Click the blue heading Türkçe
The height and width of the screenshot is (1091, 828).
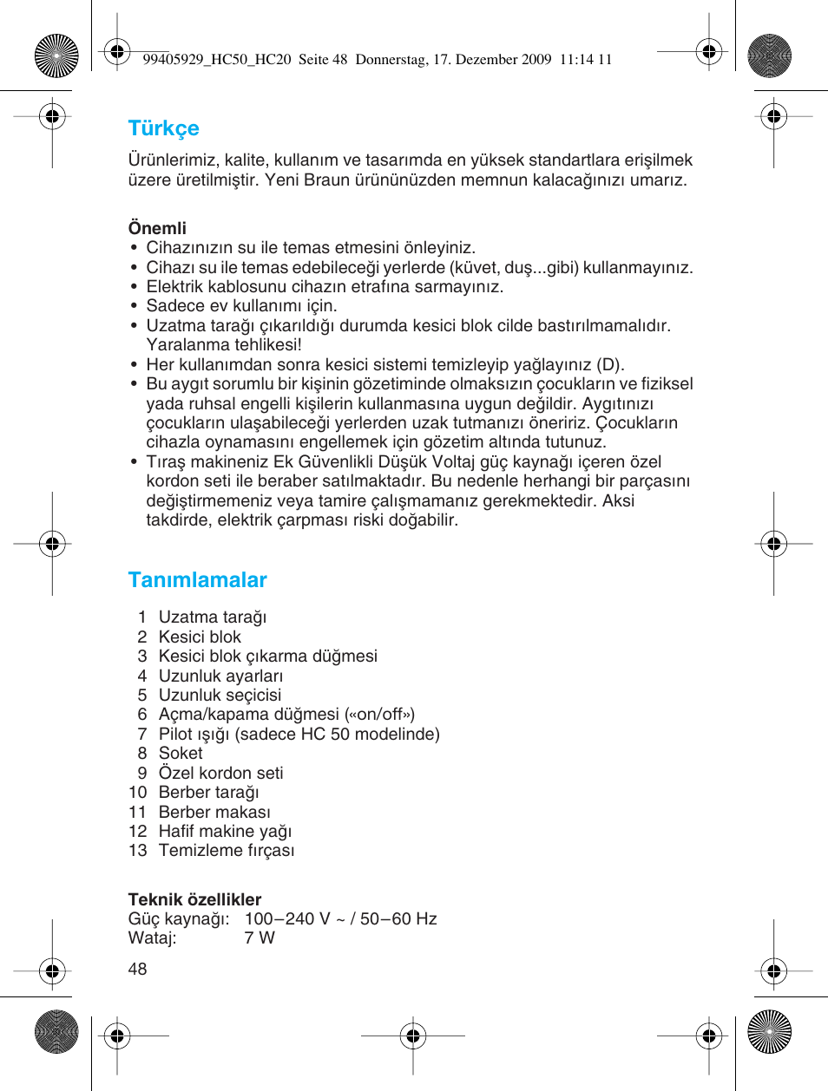163,128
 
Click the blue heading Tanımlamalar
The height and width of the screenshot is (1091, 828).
197,580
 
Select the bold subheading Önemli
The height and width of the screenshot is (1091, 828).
157,228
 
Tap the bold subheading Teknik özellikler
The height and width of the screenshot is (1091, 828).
194,899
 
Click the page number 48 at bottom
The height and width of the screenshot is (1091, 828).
137,969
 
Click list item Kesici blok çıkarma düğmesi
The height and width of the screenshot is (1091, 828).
267,657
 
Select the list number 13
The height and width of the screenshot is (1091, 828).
137,851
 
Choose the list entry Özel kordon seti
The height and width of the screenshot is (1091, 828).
220,773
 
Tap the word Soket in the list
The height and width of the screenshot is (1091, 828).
181,754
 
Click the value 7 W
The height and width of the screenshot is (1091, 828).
259,938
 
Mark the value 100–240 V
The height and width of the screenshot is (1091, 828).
287,919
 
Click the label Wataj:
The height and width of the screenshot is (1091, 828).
152,938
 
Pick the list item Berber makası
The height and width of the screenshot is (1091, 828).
214,812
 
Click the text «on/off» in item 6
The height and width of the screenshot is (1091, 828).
378,715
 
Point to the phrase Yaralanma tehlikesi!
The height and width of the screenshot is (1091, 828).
223,345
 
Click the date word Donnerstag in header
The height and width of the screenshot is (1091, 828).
391,60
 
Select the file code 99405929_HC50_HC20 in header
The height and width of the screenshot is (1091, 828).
216,60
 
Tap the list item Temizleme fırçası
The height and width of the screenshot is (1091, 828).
226,851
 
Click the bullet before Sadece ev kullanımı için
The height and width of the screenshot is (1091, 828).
134,306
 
